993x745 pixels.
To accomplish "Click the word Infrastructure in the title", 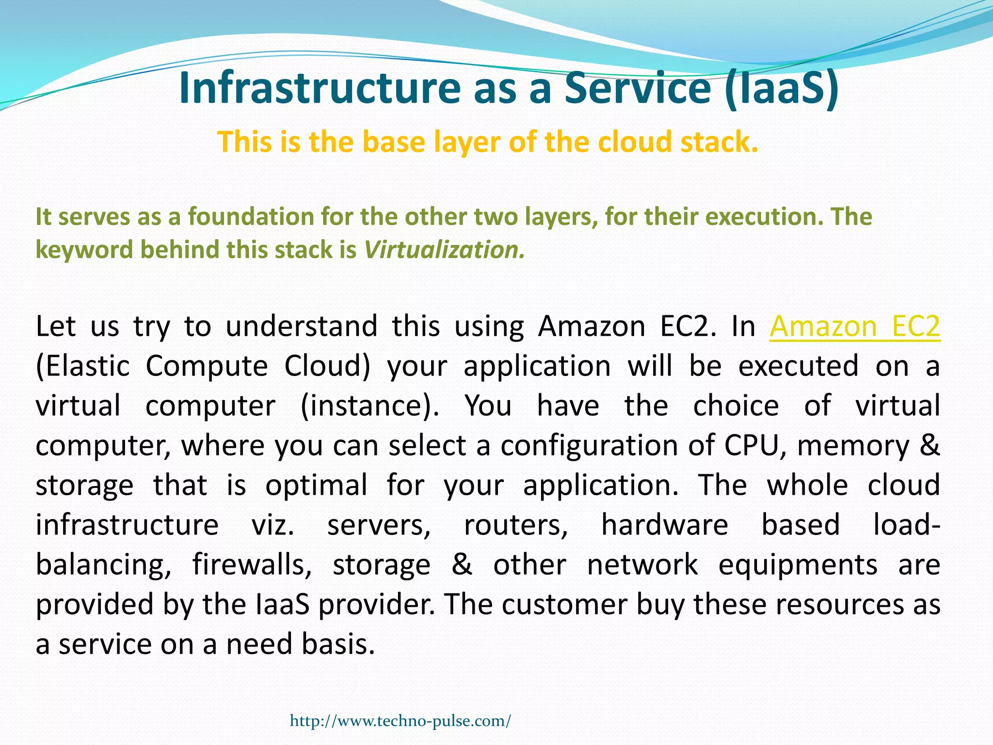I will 319,88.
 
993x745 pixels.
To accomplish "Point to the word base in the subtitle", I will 392,142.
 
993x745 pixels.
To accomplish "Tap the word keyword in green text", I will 84,250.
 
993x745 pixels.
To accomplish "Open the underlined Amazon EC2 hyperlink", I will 854,326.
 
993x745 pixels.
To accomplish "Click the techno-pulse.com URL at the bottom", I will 400,721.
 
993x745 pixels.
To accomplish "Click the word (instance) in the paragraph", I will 369,405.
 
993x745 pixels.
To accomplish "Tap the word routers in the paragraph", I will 515,525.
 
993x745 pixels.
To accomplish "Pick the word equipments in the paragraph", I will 798,565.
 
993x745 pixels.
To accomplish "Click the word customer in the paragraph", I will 564,605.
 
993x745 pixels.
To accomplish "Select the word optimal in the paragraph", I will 316,485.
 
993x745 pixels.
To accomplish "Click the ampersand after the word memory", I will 929,445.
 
